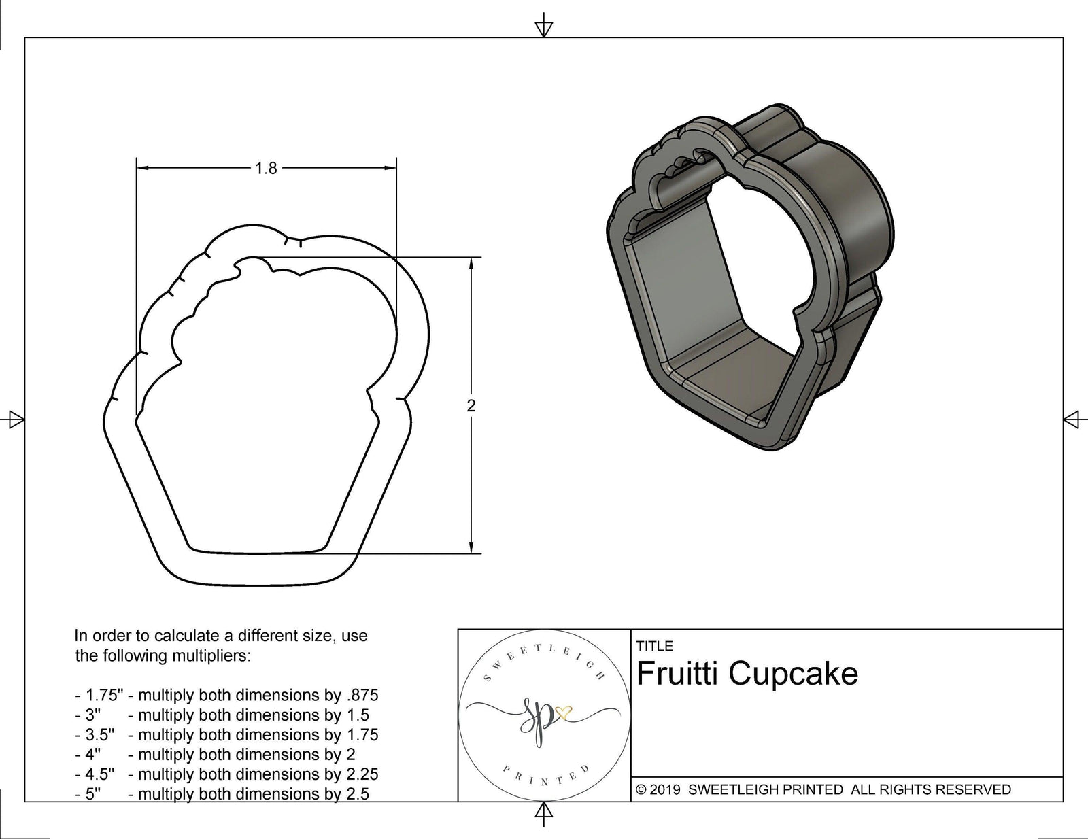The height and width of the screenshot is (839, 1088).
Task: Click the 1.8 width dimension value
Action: [x=266, y=168]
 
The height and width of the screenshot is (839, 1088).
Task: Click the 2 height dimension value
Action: [x=471, y=406]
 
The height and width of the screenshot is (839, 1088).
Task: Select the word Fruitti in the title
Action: [x=677, y=674]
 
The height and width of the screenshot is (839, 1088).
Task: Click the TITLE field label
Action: [x=655, y=646]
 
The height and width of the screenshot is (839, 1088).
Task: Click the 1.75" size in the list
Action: [x=104, y=696]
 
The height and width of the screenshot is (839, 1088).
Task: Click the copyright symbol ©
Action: [x=641, y=790]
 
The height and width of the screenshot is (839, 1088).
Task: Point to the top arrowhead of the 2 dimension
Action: [x=471, y=262]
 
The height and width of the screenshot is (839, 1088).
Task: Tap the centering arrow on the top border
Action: [x=543, y=28]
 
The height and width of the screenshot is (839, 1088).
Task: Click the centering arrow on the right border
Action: [x=1072, y=419]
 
